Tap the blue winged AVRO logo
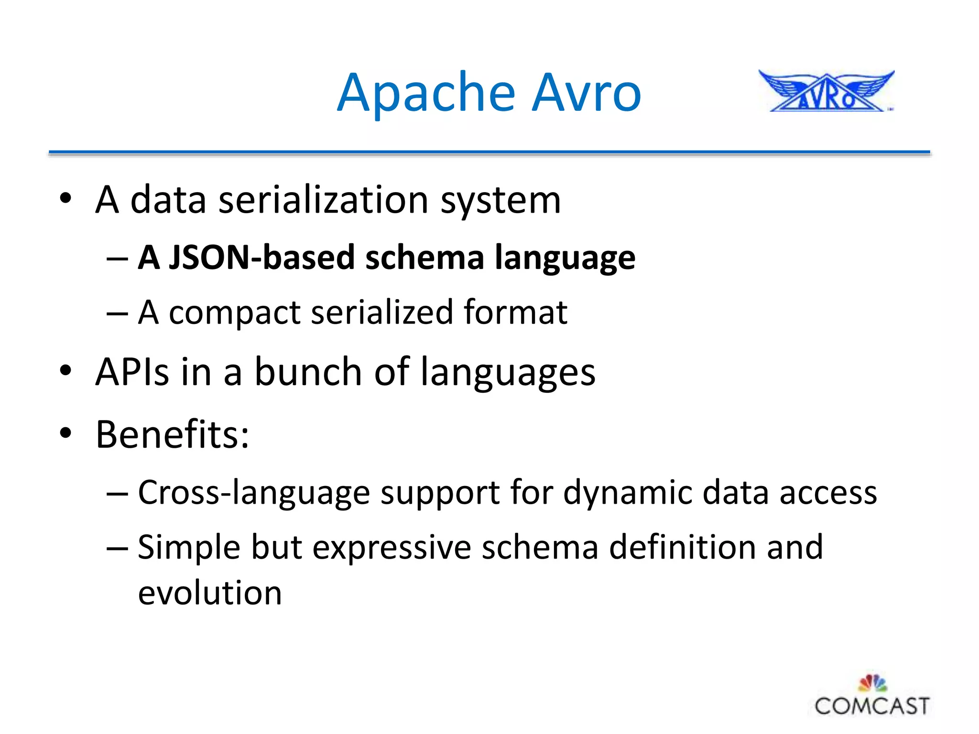point(826,92)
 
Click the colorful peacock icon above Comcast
point(873,683)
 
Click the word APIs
point(132,372)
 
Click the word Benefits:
point(172,434)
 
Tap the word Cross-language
point(253,493)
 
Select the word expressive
point(392,548)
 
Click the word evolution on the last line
point(209,593)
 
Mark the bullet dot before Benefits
point(65,433)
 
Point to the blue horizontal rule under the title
point(489,152)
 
